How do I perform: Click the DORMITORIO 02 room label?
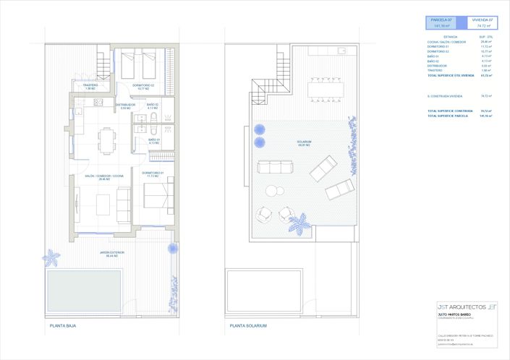coord(143,86)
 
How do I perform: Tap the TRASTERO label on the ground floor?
coord(90,86)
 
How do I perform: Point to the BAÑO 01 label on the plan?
coord(153,141)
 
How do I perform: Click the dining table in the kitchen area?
coord(106,140)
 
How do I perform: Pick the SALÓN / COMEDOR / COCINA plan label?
coord(99,177)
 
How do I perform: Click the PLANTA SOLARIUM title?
coord(248,326)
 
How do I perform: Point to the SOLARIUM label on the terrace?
coord(303,143)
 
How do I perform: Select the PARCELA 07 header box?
coord(441,23)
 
